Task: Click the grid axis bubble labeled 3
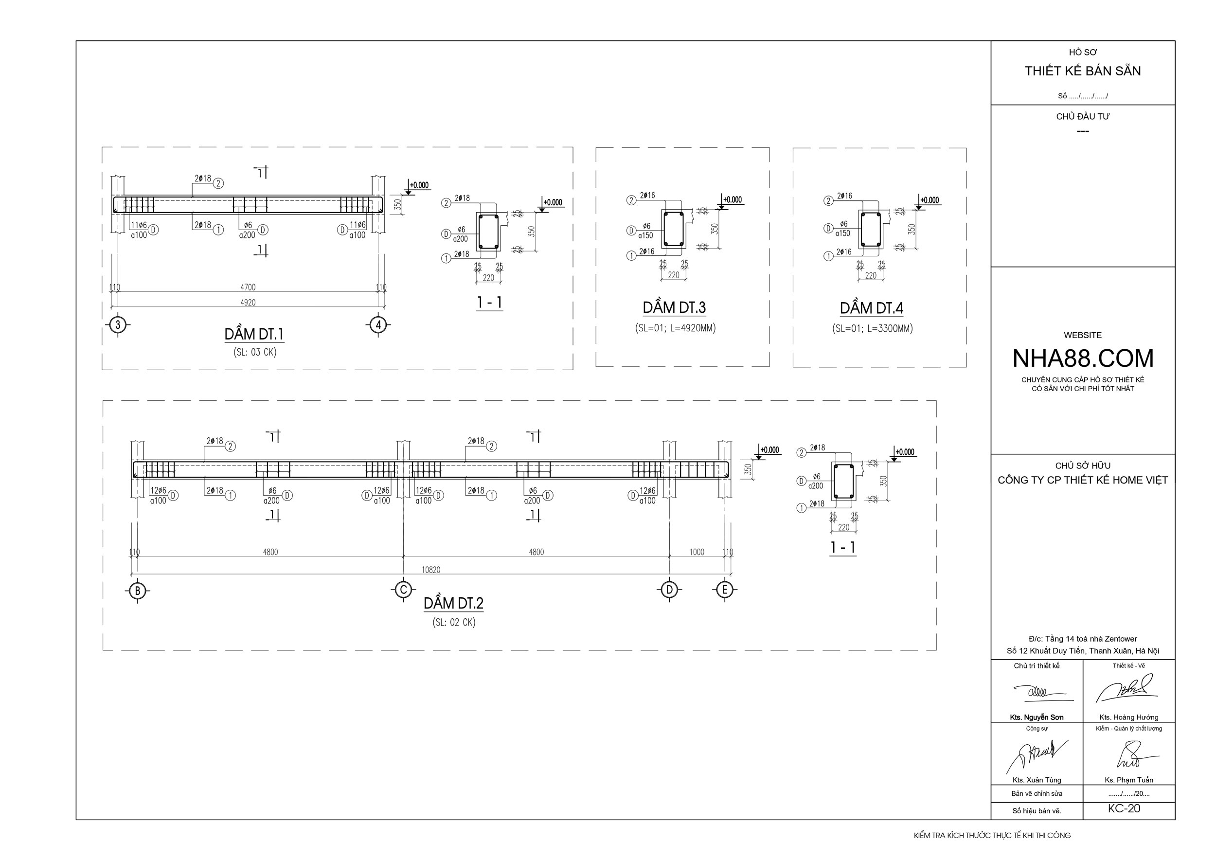(118, 324)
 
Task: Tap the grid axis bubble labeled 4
(377, 324)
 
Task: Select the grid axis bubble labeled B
(138, 591)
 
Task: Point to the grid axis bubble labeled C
(404, 590)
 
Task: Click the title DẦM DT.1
(254, 334)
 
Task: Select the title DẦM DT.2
(453, 603)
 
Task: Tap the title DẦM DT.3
(674, 308)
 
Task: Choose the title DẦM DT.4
(871, 308)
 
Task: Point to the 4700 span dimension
(248, 287)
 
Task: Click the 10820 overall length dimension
(430, 570)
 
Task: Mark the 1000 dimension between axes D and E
(697, 552)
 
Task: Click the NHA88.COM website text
(1083, 358)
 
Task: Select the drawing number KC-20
(1124, 808)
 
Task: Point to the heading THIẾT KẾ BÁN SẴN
(1083, 71)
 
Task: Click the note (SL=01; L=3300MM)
(872, 328)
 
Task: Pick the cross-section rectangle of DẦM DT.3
(674, 229)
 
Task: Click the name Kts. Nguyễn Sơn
(1037, 717)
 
